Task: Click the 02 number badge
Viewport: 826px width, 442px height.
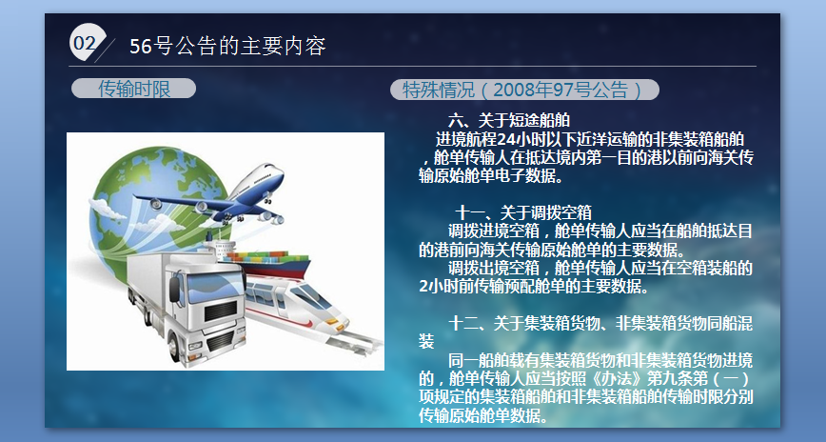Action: (87, 42)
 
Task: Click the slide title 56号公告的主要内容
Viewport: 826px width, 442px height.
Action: (227, 46)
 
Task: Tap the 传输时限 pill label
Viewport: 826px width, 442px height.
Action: (134, 89)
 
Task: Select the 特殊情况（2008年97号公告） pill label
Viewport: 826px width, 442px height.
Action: (524, 90)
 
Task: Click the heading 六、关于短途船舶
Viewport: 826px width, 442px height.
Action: (509, 120)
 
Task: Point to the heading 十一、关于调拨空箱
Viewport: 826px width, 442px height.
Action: (523, 212)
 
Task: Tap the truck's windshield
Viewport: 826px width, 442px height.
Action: (213, 288)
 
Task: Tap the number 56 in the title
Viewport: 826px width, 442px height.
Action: (141, 47)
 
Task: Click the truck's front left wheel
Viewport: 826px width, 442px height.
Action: (174, 347)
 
